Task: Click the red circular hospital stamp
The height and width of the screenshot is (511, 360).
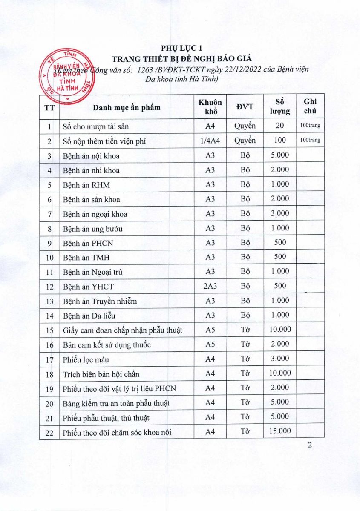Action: pos(63,77)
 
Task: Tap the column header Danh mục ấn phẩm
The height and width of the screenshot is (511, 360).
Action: pos(127,107)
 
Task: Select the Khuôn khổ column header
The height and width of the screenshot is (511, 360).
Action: pos(210,107)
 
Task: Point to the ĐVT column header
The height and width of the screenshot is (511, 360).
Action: pos(245,107)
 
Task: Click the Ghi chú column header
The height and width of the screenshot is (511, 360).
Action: pos(310,106)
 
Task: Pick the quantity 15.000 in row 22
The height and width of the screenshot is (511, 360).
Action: pos(280,431)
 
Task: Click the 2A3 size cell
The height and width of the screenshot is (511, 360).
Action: pos(210,286)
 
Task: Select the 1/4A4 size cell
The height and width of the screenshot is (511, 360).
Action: pos(210,141)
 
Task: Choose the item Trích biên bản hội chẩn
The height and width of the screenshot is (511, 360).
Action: pos(101,374)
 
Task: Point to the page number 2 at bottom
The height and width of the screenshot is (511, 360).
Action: pos(310,446)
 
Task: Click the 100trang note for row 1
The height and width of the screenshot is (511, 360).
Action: pos(310,126)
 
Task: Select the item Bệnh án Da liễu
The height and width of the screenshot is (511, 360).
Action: pos(89,316)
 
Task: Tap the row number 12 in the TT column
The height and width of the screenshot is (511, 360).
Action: pos(49,287)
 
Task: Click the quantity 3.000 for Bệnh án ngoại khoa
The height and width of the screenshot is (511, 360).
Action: pos(280,213)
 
